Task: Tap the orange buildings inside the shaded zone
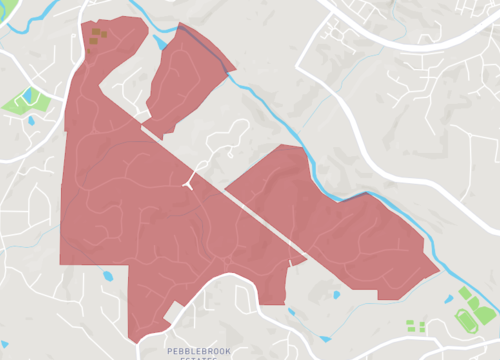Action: coord(97,36)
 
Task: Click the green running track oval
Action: coord(467,319)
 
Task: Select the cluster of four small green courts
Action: coord(416,326)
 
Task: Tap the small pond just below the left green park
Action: coord(31,121)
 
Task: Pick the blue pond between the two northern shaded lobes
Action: coord(160,44)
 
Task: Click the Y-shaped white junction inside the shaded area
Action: coord(189,181)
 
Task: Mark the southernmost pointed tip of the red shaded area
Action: coord(133,341)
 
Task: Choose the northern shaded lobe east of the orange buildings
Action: coord(185,80)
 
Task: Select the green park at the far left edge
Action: coord(20,101)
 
